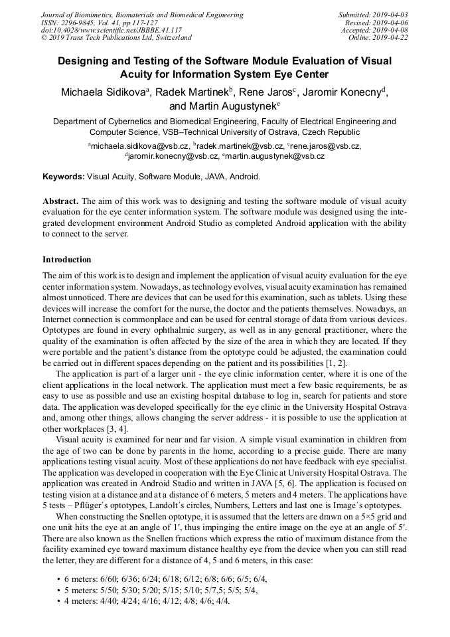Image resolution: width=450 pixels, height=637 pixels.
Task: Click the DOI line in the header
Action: (x=112, y=31)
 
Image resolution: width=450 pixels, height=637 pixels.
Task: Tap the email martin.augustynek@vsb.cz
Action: (x=265, y=156)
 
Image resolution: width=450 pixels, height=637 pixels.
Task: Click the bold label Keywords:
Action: (x=64, y=177)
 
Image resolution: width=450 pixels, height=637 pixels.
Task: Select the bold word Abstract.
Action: (x=60, y=201)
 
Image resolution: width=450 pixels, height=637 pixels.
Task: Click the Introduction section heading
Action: (x=67, y=260)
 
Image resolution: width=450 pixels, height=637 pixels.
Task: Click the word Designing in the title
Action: (x=86, y=61)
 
